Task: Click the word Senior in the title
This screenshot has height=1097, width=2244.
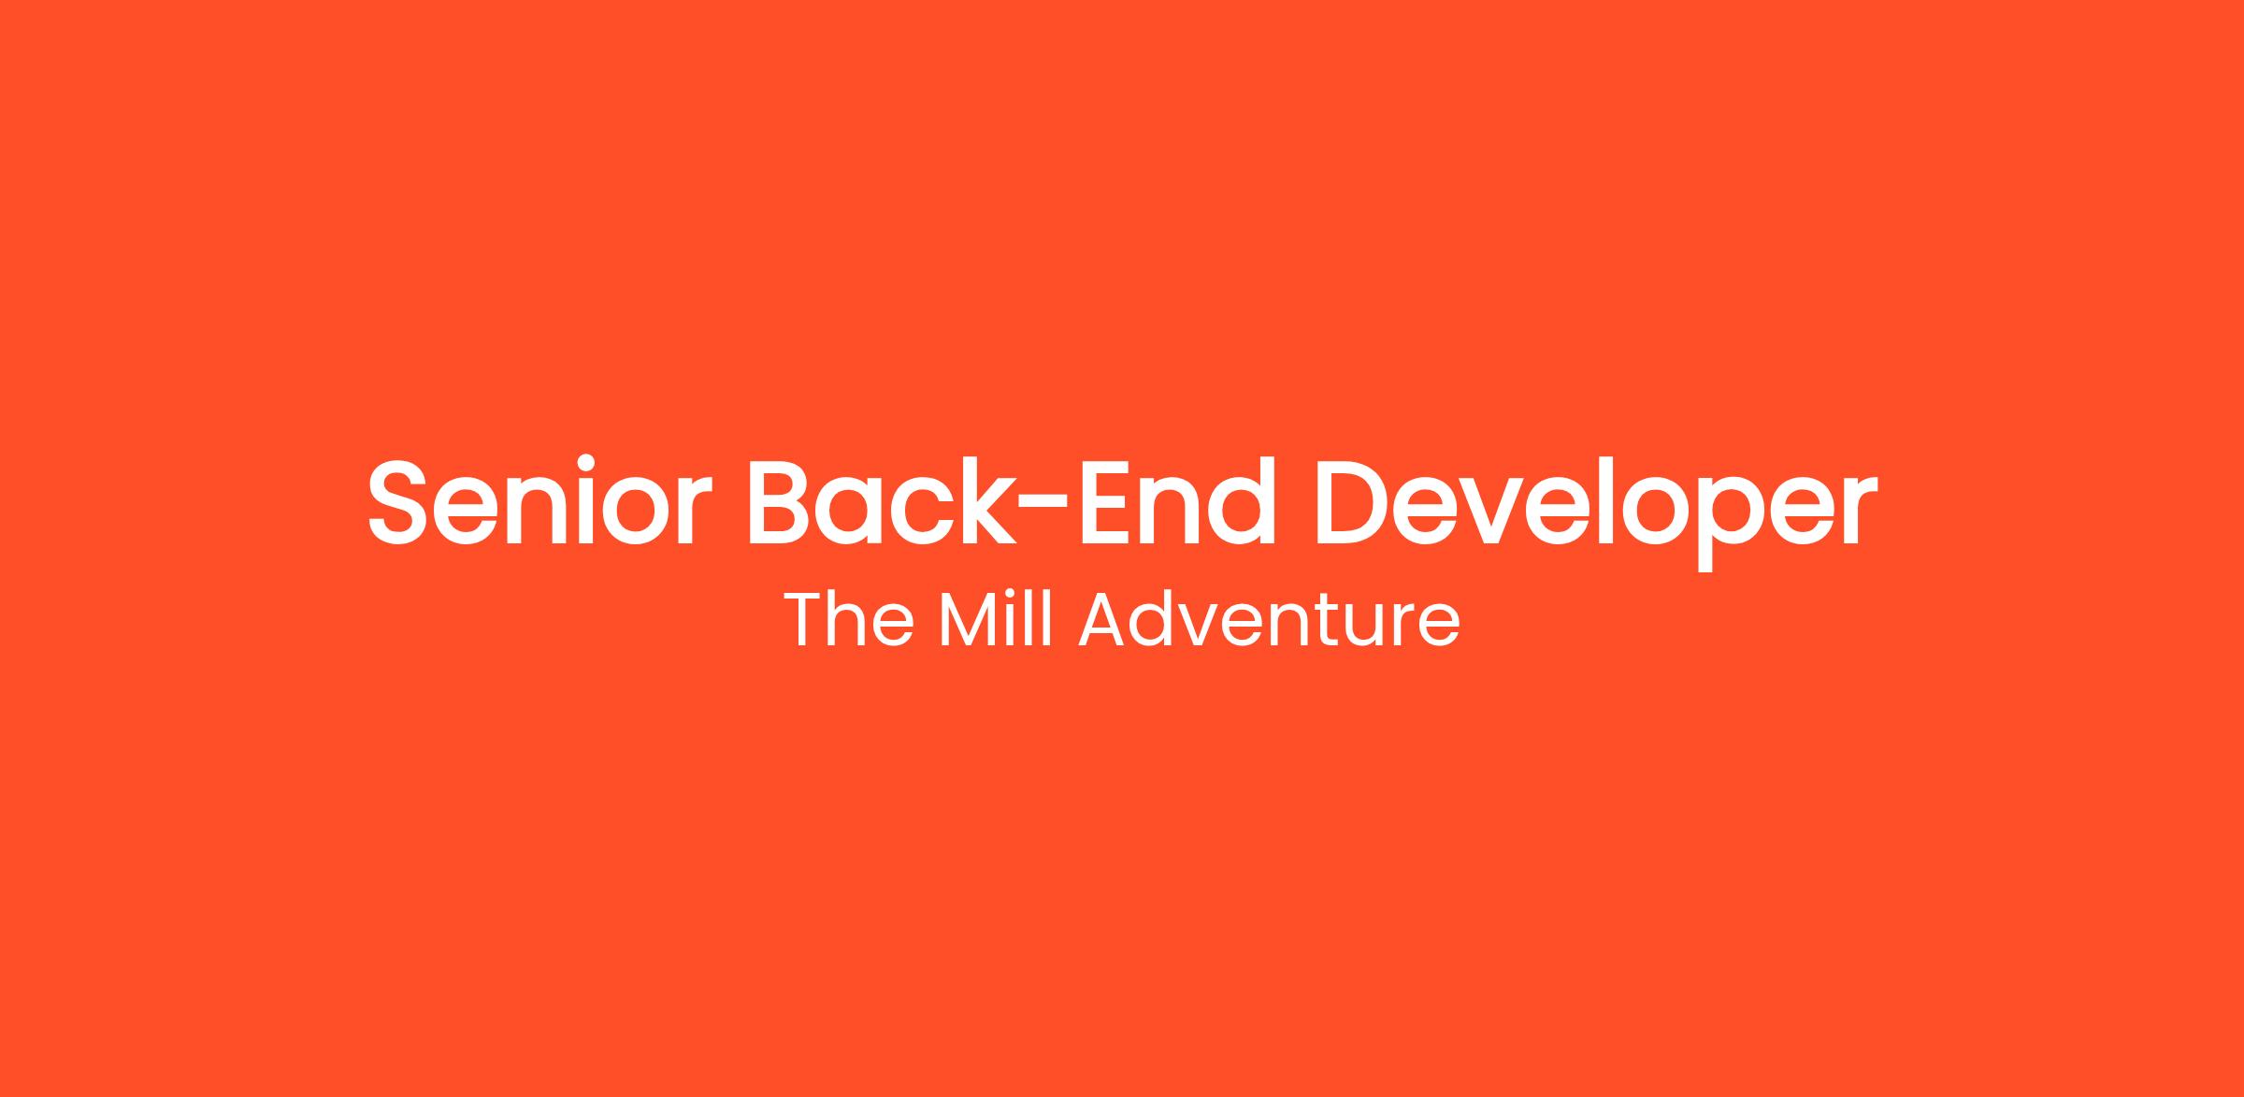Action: tap(538, 501)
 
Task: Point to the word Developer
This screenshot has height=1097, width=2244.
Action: tap(1595, 512)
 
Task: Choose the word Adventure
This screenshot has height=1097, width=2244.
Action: tap(1270, 618)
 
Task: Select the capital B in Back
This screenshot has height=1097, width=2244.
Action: tap(780, 502)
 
